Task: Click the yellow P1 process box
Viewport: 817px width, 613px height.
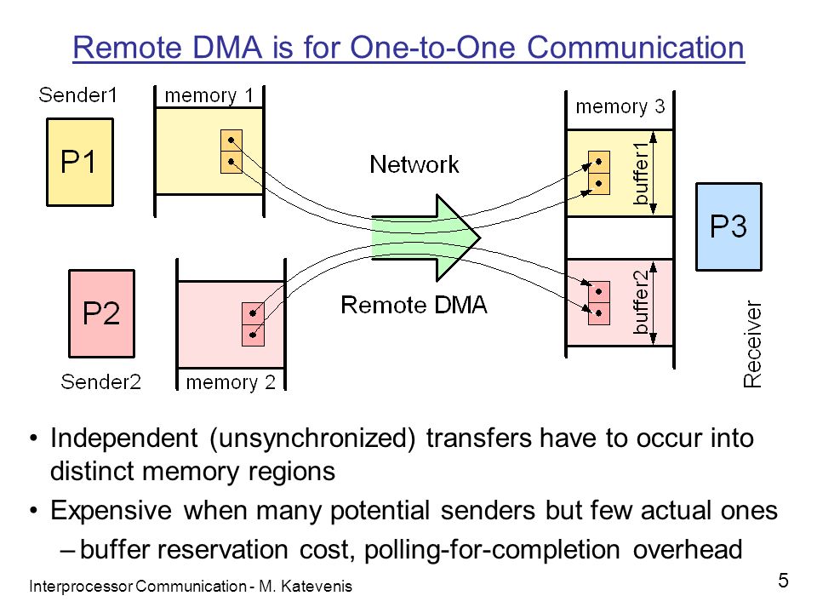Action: pyautogui.click(x=80, y=162)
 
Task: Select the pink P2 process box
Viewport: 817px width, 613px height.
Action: pyautogui.click(x=101, y=313)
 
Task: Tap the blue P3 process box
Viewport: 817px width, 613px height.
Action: pyautogui.click(x=729, y=226)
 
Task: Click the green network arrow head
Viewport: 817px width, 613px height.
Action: pyautogui.click(x=458, y=238)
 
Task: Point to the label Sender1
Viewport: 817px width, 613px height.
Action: pyautogui.click(x=77, y=95)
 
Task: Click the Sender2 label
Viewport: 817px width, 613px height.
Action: pyautogui.click(x=100, y=381)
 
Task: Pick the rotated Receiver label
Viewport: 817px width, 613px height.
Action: pyautogui.click(x=751, y=344)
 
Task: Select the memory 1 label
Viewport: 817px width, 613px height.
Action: pyautogui.click(x=209, y=96)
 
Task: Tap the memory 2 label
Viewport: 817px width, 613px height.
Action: pyautogui.click(x=231, y=382)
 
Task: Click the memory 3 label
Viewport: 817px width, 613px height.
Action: pyautogui.click(x=620, y=106)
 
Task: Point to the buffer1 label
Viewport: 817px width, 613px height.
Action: pyautogui.click(x=640, y=173)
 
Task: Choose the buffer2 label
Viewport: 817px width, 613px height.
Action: pyautogui.click(x=640, y=301)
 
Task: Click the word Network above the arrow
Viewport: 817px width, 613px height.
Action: pyautogui.click(x=414, y=164)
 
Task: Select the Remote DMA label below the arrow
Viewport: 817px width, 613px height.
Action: pyautogui.click(x=414, y=305)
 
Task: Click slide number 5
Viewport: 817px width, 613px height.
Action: pyautogui.click(x=783, y=581)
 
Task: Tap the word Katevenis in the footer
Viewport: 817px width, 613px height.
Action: pyautogui.click(x=317, y=587)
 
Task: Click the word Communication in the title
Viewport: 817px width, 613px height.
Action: pyautogui.click(x=635, y=48)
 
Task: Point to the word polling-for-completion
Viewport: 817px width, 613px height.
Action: pyautogui.click(x=492, y=551)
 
